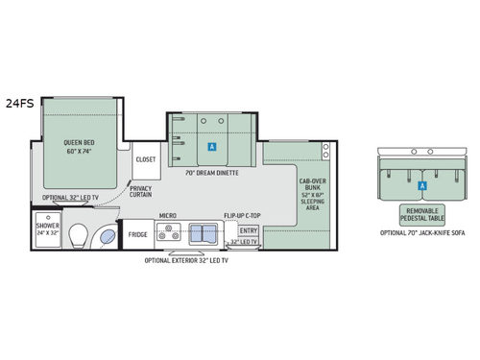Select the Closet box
[x=146, y=159]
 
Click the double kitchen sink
[x=204, y=232]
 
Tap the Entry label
[x=249, y=230]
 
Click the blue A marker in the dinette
[x=211, y=147]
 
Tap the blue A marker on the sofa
[x=421, y=184]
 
